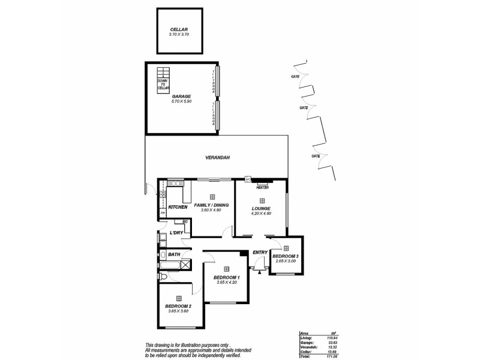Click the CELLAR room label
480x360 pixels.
179,29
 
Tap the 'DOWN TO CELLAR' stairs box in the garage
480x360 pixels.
163,84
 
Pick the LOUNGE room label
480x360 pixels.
262,209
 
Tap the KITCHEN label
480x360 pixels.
178,207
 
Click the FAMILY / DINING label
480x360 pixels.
212,205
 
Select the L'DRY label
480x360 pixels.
176,233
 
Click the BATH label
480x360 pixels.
174,254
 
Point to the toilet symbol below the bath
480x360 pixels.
164,276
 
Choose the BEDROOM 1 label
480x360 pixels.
227,277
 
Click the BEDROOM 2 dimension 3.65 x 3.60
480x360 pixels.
178,311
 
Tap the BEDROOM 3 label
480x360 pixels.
287,256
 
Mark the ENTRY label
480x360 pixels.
260,253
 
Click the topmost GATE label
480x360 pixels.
295,77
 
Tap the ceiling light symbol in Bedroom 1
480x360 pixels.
226,268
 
